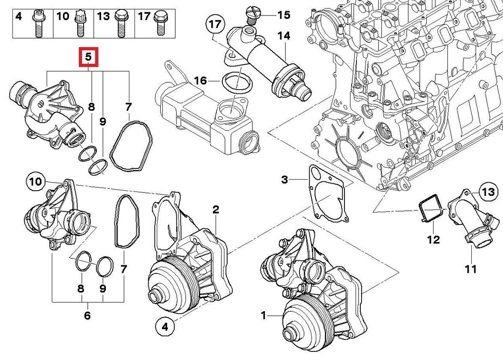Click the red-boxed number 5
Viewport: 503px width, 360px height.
click(x=88, y=57)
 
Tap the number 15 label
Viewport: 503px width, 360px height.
click(x=283, y=15)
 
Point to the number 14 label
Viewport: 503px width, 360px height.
click(x=283, y=36)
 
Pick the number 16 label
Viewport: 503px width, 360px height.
click(x=200, y=81)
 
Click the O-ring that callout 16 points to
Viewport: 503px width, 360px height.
click(x=237, y=82)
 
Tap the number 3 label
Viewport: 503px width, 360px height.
click(x=285, y=179)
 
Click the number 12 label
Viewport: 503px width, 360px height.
click(x=434, y=239)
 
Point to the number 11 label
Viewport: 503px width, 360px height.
click(x=471, y=269)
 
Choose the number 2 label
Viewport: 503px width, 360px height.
click(x=216, y=210)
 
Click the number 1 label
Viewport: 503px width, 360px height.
click(x=263, y=316)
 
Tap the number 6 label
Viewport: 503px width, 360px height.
click(x=87, y=316)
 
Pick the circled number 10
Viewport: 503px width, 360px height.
click(x=36, y=182)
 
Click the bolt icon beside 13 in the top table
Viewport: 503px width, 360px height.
click(x=120, y=24)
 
